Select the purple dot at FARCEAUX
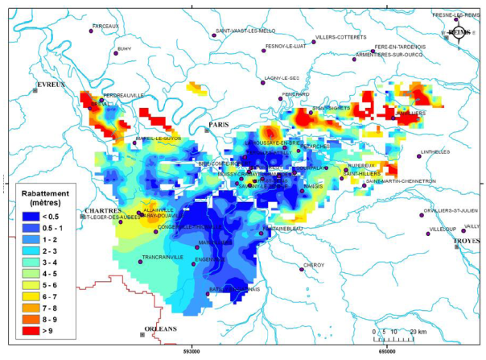click(93, 31)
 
